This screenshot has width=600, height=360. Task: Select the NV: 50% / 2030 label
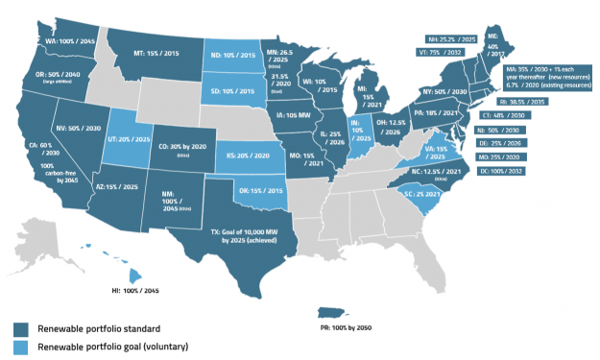(x=80, y=127)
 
